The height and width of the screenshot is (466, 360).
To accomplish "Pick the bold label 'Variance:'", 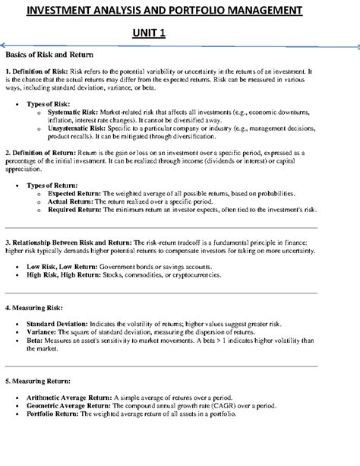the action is coord(45,331).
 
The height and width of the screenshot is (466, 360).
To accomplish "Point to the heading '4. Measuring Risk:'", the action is coord(35,309).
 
